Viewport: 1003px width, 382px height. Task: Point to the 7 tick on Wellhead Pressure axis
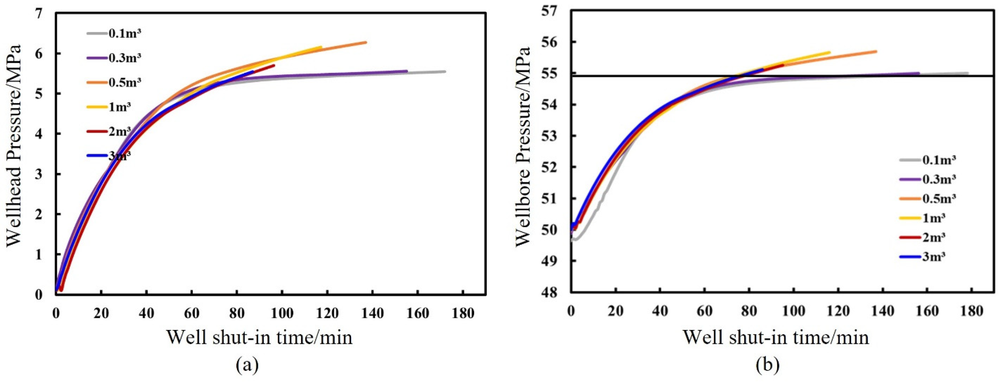tap(38, 13)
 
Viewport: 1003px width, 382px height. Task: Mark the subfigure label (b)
tap(767, 366)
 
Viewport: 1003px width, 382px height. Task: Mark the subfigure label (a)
tap(247, 366)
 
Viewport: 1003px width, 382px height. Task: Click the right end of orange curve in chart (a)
tap(366, 42)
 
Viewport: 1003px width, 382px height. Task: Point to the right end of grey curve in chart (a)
tap(445, 71)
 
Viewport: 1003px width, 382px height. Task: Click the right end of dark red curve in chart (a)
tap(274, 65)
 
